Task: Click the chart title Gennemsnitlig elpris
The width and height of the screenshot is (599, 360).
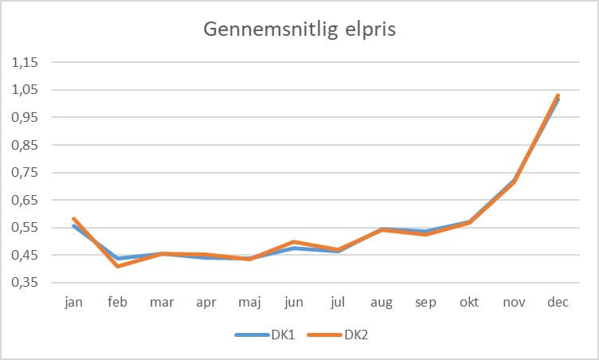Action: pos(299,29)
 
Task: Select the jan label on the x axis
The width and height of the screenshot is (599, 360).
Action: pos(73,303)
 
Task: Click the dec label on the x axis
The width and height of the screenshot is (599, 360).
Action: pos(558,303)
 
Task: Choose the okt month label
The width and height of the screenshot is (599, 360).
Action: pos(469,303)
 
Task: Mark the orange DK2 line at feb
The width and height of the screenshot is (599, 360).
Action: pos(118,265)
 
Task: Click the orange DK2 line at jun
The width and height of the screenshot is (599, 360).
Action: pos(294,241)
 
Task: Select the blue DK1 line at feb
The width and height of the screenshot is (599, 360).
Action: pos(118,258)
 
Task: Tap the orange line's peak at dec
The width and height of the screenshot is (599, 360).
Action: pos(558,96)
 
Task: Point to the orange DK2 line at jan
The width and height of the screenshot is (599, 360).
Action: pos(74,218)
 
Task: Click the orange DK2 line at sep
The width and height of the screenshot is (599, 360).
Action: pos(425,234)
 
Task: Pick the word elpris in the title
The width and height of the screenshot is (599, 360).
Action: pos(371,29)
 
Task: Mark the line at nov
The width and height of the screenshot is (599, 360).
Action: pos(514,182)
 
